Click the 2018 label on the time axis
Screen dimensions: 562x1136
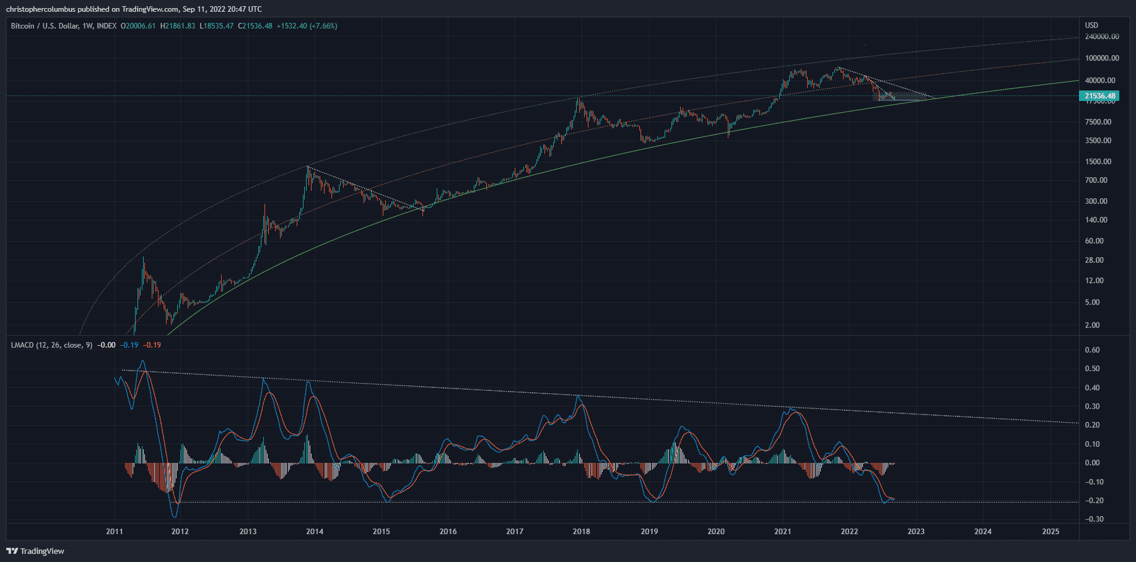coord(581,531)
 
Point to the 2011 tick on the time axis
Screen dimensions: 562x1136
coord(114,531)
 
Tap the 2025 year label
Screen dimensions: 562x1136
coord(1051,531)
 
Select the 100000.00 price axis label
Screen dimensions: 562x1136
coord(1102,58)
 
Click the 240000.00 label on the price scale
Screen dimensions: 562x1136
coord(1102,37)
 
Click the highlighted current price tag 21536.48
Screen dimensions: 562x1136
coord(1100,95)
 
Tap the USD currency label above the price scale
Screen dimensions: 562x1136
coord(1091,25)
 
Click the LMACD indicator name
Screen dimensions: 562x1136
coord(22,345)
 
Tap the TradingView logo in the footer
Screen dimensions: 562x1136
coord(36,551)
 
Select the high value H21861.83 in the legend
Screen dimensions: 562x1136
coord(178,26)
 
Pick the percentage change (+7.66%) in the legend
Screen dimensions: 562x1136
coord(323,26)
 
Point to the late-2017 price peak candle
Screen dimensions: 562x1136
coord(579,99)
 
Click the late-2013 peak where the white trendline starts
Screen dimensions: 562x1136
coord(308,167)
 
